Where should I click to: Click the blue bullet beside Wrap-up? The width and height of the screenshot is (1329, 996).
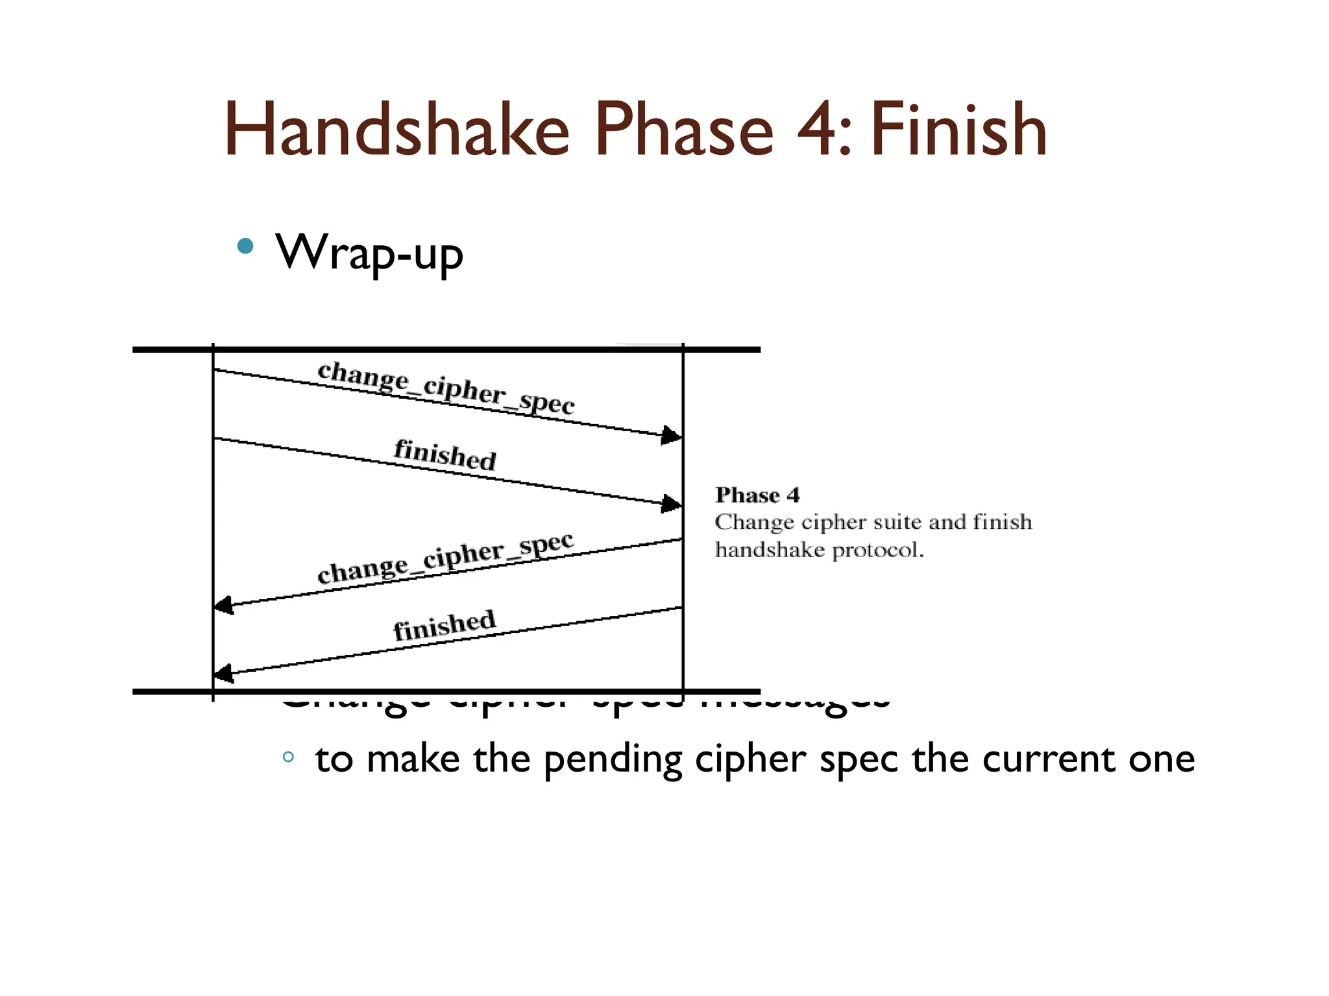click(245, 246)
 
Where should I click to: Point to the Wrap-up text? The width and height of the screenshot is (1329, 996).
click(369, 253)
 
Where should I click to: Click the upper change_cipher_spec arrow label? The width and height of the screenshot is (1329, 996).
click(446, 388)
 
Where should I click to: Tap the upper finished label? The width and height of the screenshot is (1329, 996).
click(445, 454)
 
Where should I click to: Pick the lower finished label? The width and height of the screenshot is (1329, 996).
click(445, 625)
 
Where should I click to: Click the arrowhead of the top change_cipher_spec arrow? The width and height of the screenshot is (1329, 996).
click(672, 435)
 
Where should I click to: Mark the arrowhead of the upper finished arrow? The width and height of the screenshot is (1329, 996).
click(672, 503)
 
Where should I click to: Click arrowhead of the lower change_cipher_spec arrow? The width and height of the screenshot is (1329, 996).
click(224, 606)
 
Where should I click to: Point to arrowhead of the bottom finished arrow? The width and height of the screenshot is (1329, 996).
click(224, 674)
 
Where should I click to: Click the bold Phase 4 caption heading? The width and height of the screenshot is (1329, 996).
click(757, 495)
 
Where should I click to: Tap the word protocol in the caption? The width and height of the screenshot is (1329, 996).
click(877, 551)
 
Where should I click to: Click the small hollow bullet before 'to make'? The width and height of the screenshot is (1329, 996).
click(289, 756)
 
